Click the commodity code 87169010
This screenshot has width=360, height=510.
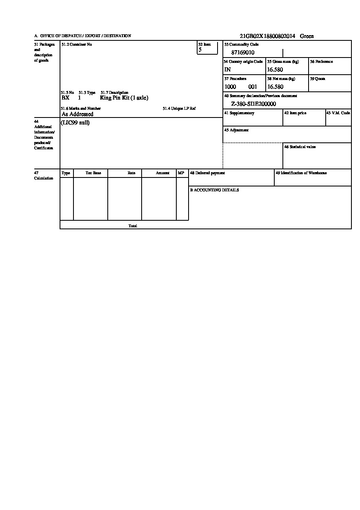tap(243, 53)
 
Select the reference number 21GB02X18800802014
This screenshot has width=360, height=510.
tap(267, 36)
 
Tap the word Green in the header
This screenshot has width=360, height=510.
tap(307, 36)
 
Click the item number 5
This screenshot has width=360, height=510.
tap(200, 50)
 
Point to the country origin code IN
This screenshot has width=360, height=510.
tap(227, 70)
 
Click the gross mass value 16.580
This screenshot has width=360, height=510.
tap(275, 70)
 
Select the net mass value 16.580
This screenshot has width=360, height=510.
tap(275, 87)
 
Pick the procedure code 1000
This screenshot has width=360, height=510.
tap(230, 87)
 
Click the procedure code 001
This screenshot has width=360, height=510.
tap(253, 87)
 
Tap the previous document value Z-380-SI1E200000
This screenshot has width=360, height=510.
tap(253, 104)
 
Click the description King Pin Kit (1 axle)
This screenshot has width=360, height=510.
tap(124, 98)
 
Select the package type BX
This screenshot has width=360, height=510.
tap(65, 98)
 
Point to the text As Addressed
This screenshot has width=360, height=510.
tap(78, 114)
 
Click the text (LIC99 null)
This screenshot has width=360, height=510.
tap(75, 123)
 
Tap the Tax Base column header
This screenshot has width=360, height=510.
tap(93, 173)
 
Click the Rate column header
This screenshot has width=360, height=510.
tap(131, 173)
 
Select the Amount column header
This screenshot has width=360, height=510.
tap(162, 173)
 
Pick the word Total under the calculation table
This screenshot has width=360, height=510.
tap(133, 226)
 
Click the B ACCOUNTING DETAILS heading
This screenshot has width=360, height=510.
tap(214, 190)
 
